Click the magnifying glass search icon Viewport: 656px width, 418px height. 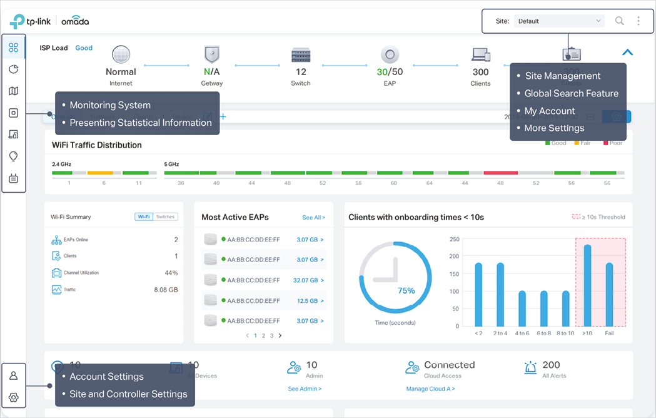[x=619, y=21]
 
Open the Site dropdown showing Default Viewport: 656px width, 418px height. [x=558, y=21]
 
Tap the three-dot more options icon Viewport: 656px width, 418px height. [x=638, y=21]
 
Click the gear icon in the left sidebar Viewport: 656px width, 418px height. [x=13, y=397]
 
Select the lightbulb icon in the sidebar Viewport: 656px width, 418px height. [x=13, y=156]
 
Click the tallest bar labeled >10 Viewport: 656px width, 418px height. [x=587, y=285]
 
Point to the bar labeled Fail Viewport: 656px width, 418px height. [x=609, y=294]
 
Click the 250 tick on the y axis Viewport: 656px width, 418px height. [x=455, y=239]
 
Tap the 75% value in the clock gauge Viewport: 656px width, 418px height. [x=406, y=290]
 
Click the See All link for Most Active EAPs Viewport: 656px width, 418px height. [x=313, y=218]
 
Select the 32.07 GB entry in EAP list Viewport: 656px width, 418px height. [x=309, y=280]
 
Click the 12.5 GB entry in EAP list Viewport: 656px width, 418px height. [x=310, y=301]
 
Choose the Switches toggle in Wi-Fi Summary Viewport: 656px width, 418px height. [x=166, y=217]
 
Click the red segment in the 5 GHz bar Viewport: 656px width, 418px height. [x=500, y=173]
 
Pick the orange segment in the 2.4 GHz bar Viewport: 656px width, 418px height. [x=100, y=173]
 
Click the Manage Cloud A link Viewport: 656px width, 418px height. [x=430, y=389]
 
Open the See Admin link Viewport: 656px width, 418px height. [x=305, y=389]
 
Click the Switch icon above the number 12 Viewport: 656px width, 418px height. [x=301, y=55]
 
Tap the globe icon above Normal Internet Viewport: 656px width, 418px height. [x=121, y=54]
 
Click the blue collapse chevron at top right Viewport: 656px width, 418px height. [x=627, y=53]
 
